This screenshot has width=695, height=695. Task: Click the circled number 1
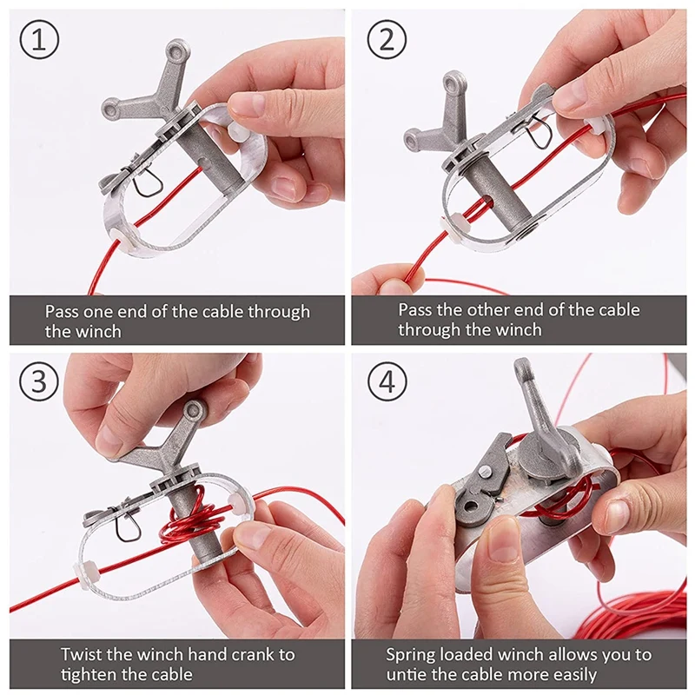(x=39, y=40)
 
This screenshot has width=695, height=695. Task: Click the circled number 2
(x=387, y=40)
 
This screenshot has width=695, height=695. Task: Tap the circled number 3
(x=39, y=381)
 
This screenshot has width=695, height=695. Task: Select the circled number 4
(x=387, y=381)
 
